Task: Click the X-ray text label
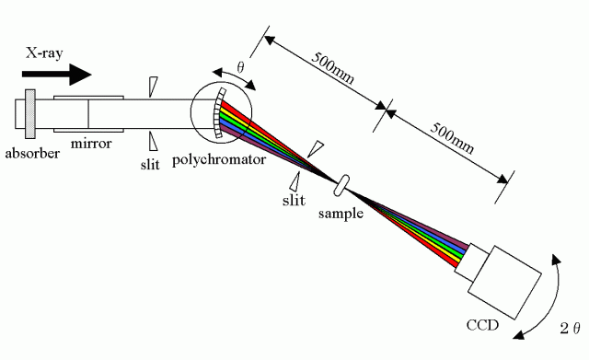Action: (44, 53)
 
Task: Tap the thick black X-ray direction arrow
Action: (57, 74)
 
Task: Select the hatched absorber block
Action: (30, 113)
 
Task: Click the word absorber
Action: (32, 154)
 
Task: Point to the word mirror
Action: (91, 144)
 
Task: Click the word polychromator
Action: (219, 159)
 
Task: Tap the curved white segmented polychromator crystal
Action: (219, 113)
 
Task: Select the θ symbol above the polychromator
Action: (240, 67)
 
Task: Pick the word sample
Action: (341, 214)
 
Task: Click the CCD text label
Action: (482, 325)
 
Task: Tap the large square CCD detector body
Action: (504, 283)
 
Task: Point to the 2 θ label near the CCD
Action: (571, 329)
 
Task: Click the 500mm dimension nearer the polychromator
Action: (333, 67)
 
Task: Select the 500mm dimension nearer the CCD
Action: (452, 137)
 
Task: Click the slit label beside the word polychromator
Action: (150, 164)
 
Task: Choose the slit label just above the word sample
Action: (294, 200)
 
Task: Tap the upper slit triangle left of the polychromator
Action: (154, 87)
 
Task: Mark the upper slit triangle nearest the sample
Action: (315, 149)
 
